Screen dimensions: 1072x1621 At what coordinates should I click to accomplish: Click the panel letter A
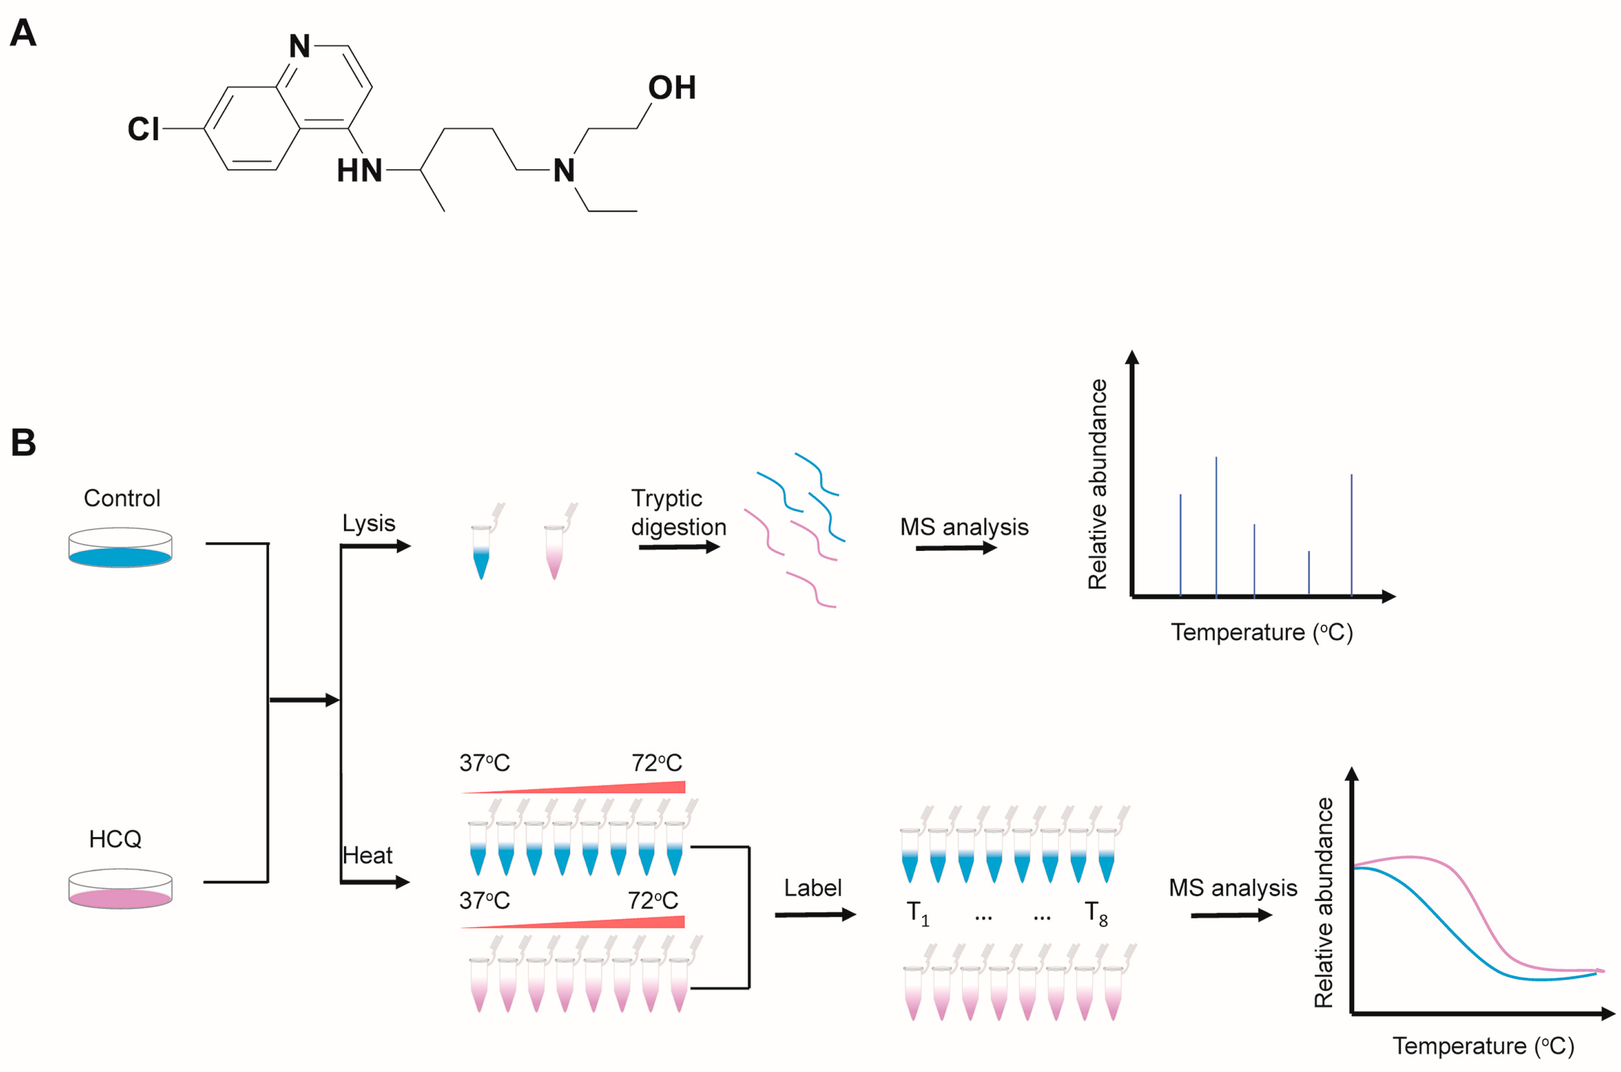click(x=23, y=33)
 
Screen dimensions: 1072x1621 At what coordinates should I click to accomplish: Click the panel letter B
click(x=23, y=443)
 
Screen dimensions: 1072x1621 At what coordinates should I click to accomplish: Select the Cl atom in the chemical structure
click(x=143, y=129)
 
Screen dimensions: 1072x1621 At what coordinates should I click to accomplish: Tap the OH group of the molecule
click(x=672, y=88)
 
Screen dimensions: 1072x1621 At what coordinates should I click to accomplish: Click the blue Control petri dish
click(x=120, y=548)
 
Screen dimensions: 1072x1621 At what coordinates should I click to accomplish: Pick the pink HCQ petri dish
click(x=120, y=890)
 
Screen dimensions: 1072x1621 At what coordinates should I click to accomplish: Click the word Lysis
click(x=369, y=524)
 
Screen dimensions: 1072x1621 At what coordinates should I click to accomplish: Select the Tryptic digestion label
click(x=678, y=513)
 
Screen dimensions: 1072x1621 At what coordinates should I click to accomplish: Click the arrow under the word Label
click(x=815, y=915)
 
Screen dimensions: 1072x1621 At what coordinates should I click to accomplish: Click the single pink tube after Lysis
click(x=554, y=552)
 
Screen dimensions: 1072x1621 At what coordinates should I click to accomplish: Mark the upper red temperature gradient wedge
click(x=616, y=788)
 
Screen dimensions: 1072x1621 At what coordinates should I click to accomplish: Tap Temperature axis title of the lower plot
click(x=1483, y=1046)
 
